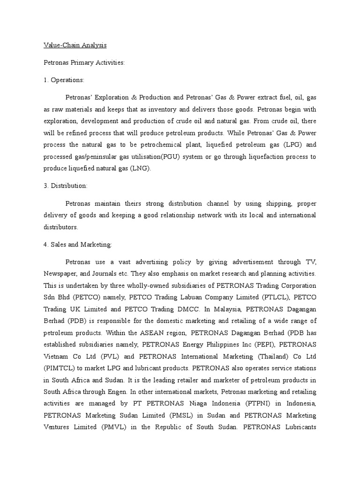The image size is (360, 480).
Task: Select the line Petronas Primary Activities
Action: click(84, 62)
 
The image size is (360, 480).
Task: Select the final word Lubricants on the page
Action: click(298, 427)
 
